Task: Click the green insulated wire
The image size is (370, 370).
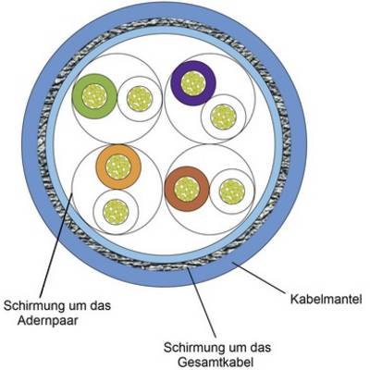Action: (x=94, y=96)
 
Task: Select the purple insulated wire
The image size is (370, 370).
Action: (x=193, y=83)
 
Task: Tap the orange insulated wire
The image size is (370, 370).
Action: (x=118, y=166)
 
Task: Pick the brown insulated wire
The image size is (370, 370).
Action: (x=187, y=189)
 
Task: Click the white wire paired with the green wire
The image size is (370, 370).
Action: (x=140, y=99)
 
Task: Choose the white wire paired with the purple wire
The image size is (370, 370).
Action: (x=223, y=117)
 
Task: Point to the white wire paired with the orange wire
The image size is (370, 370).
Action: (x=116, y=212)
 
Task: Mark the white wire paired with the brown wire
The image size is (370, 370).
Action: (x=232, y=191)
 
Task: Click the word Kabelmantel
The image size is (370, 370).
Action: (x=326, y=299)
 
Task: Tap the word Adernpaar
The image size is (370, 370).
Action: (x=47, y=320)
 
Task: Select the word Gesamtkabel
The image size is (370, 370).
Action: (x=216, y=362)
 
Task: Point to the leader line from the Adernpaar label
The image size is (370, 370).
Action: (x=56, y=245)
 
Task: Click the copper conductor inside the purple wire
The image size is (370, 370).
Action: (x=193, y=83)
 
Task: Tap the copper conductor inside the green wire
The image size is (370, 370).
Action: (x=94, y=96)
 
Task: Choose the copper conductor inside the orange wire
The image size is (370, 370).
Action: (x=118, y=166)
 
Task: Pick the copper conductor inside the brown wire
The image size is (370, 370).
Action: (x=187, y=189)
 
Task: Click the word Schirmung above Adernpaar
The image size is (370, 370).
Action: (x=31, y=306)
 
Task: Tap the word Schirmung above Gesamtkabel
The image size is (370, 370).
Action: (x=191, y=347)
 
